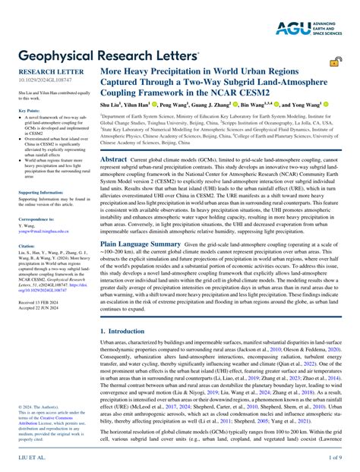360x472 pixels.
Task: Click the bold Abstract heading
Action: click(114, 160)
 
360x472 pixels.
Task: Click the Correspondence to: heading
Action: click(38, 219)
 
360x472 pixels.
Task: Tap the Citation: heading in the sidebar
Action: click(27, 246)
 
